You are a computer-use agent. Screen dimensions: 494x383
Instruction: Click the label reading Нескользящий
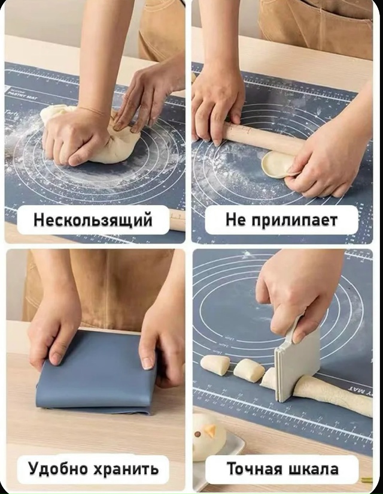pos(93,220)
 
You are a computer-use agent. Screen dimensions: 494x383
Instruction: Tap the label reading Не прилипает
pos(281,220)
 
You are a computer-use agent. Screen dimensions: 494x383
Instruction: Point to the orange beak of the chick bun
pos(210,430)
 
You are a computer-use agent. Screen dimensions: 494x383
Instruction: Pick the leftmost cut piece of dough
pos(215,365)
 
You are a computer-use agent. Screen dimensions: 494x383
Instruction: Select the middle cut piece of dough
pos(248,370)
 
